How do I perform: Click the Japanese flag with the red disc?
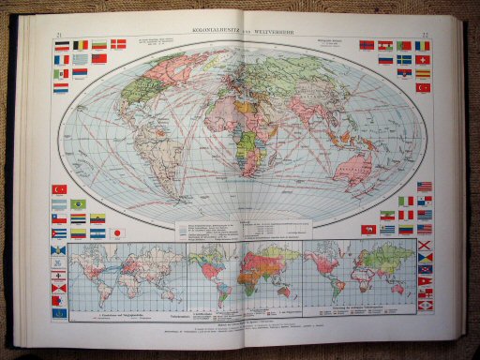click(x=118, y=232)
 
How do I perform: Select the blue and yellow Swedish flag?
click(x=403, y=59)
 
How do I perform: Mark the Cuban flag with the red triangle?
click(x=59, y=233)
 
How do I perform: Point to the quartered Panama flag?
click(x=424, y=201)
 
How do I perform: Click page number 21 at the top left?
click(x=49, y=33)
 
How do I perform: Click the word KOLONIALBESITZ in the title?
click(x=209, y=32)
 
